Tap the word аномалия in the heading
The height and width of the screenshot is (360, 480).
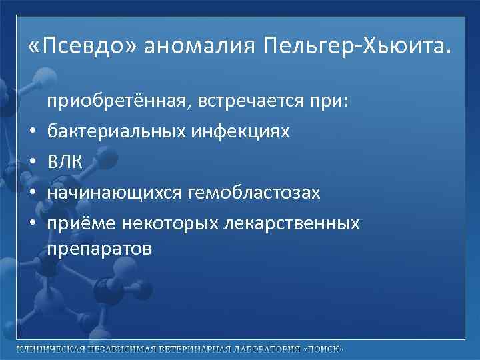(x=199, y=46)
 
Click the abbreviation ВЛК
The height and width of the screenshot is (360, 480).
(x=64, y=161)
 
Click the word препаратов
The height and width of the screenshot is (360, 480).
(x=99, y=249)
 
